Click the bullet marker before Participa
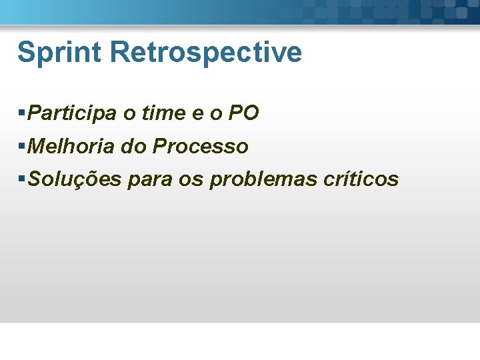[x=23, y=113]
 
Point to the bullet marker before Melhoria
[x=23, y=146]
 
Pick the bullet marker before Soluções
[x=23, y=179]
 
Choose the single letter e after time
[x=198, y=115]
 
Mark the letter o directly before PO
[x=215, y=115]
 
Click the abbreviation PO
[x=243, y=113]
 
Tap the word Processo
[x=200, y=146]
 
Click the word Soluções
[x=72, y=179]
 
